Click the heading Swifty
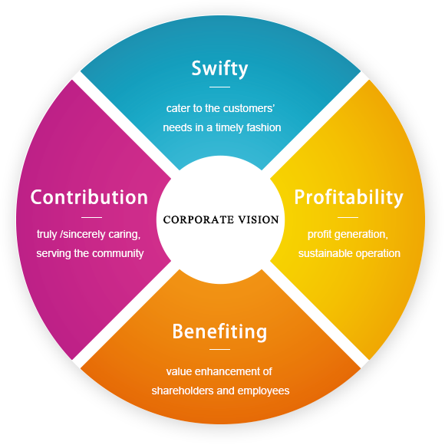tap(219, 69)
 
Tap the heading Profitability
tap(348, 197)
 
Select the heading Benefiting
tap(219, 331)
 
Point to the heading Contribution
tap(89, 197)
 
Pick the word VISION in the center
tap(259, 219)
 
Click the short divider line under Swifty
tap(219, 87)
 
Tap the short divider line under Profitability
tap(348, 217)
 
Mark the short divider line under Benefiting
tap(219, 349)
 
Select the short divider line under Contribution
tap(91, 217)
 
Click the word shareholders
tap(183, 391)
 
